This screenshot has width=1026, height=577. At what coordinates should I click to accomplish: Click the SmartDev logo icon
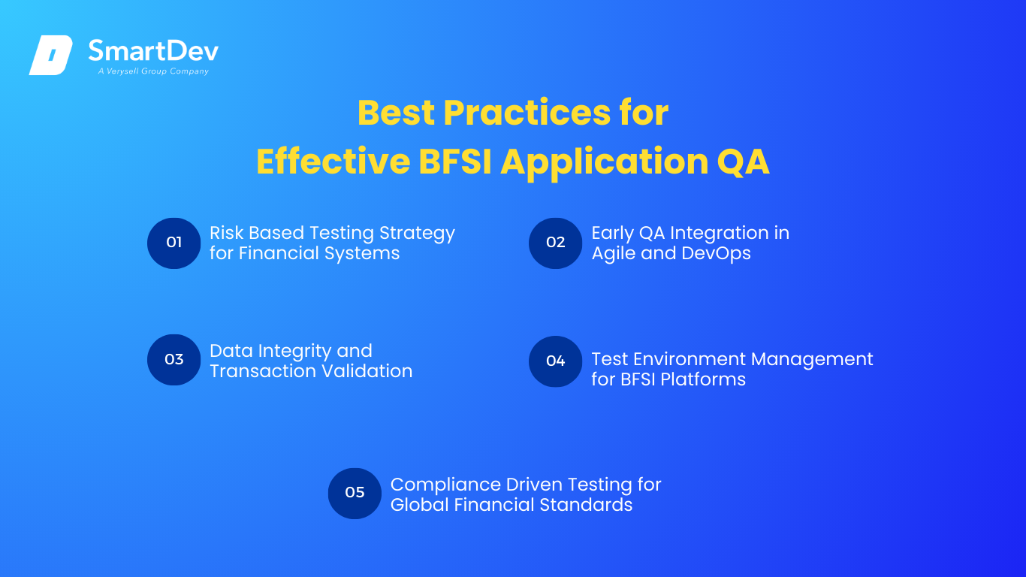pos(51,55)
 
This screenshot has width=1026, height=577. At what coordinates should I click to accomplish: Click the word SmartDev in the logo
pos(153,50)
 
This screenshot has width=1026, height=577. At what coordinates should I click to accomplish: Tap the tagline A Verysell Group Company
pos(153,71)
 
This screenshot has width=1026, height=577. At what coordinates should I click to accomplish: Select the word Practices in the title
pos(527,113)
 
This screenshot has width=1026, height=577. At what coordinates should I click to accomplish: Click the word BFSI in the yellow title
pos(455,162)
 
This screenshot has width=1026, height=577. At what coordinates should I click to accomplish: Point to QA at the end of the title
pos(743,162)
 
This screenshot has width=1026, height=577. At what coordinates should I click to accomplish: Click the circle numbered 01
pos(174,243)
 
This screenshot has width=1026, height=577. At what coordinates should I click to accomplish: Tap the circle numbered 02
pos(556,243)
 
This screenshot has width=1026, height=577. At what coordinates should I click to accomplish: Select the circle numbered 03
pos(174,360)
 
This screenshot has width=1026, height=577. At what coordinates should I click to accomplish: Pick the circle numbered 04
pos(556,361)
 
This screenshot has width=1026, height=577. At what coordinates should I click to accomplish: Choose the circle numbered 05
pos(355,494)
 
